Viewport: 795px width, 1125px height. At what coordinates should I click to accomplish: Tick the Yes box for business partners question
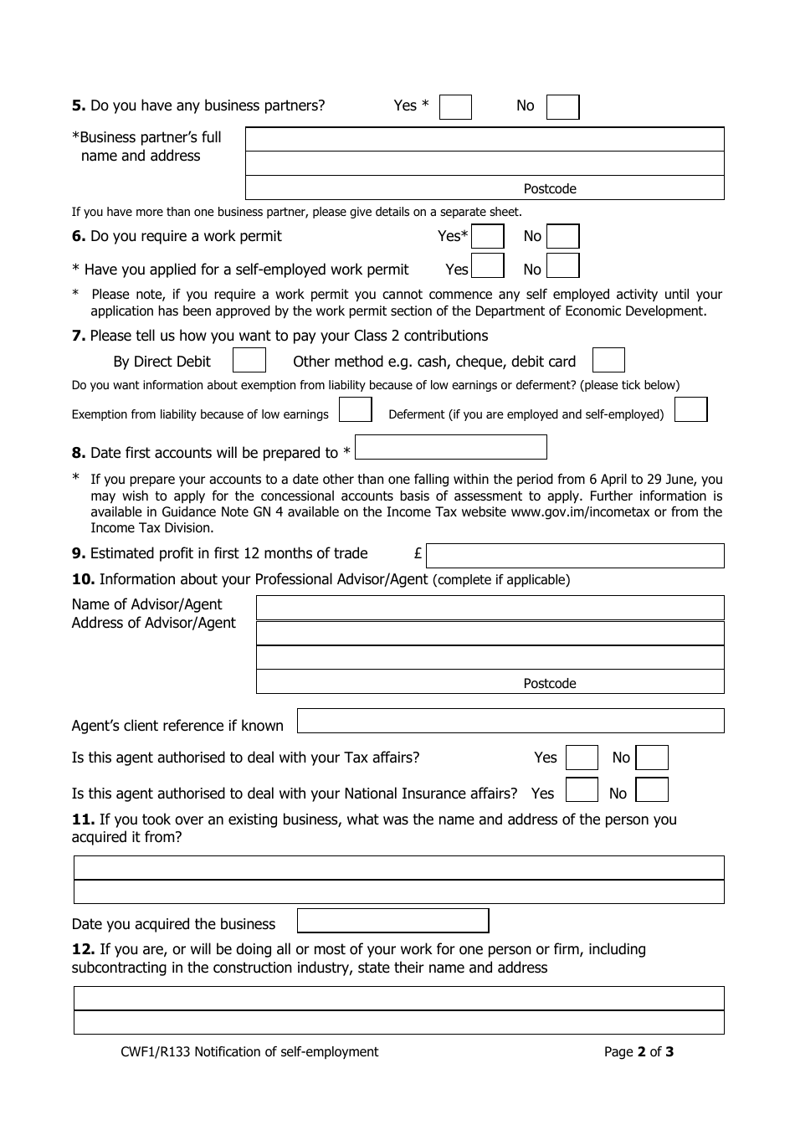(455, 107)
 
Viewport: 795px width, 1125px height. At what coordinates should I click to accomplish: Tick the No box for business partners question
(562, 107)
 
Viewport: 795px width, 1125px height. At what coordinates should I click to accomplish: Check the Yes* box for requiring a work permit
(487, 237)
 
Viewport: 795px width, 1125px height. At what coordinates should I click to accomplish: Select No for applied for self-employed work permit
(562, 266)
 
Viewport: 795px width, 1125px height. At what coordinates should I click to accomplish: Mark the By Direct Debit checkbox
(249, 361)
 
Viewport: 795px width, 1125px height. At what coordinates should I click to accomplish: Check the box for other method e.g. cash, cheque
(608, 361)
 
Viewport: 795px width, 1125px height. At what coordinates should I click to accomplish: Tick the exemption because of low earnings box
(355, 410)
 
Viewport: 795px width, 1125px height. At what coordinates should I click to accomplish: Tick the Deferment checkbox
(690, 410)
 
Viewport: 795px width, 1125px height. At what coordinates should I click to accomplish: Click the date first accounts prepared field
(451, 448)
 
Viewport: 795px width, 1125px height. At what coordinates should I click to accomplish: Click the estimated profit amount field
(575, 556)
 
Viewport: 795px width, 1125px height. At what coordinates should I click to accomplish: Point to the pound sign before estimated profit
(418, 554)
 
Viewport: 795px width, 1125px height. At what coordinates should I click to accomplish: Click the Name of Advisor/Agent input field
(490, 608)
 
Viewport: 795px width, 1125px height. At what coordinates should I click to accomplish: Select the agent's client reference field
(510, 722)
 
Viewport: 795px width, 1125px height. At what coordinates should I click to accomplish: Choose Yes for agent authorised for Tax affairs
(582, 758)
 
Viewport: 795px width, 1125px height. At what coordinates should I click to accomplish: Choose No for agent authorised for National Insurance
(652, 790)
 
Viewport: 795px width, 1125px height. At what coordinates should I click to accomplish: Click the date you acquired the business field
(393, 921)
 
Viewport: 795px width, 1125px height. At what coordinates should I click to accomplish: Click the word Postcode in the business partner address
(550, 189)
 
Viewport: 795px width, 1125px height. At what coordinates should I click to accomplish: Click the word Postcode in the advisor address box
(550, 684)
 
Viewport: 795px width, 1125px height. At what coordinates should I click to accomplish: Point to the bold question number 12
(83, 949)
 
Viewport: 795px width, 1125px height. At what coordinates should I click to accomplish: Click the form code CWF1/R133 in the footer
(155, 1052)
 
